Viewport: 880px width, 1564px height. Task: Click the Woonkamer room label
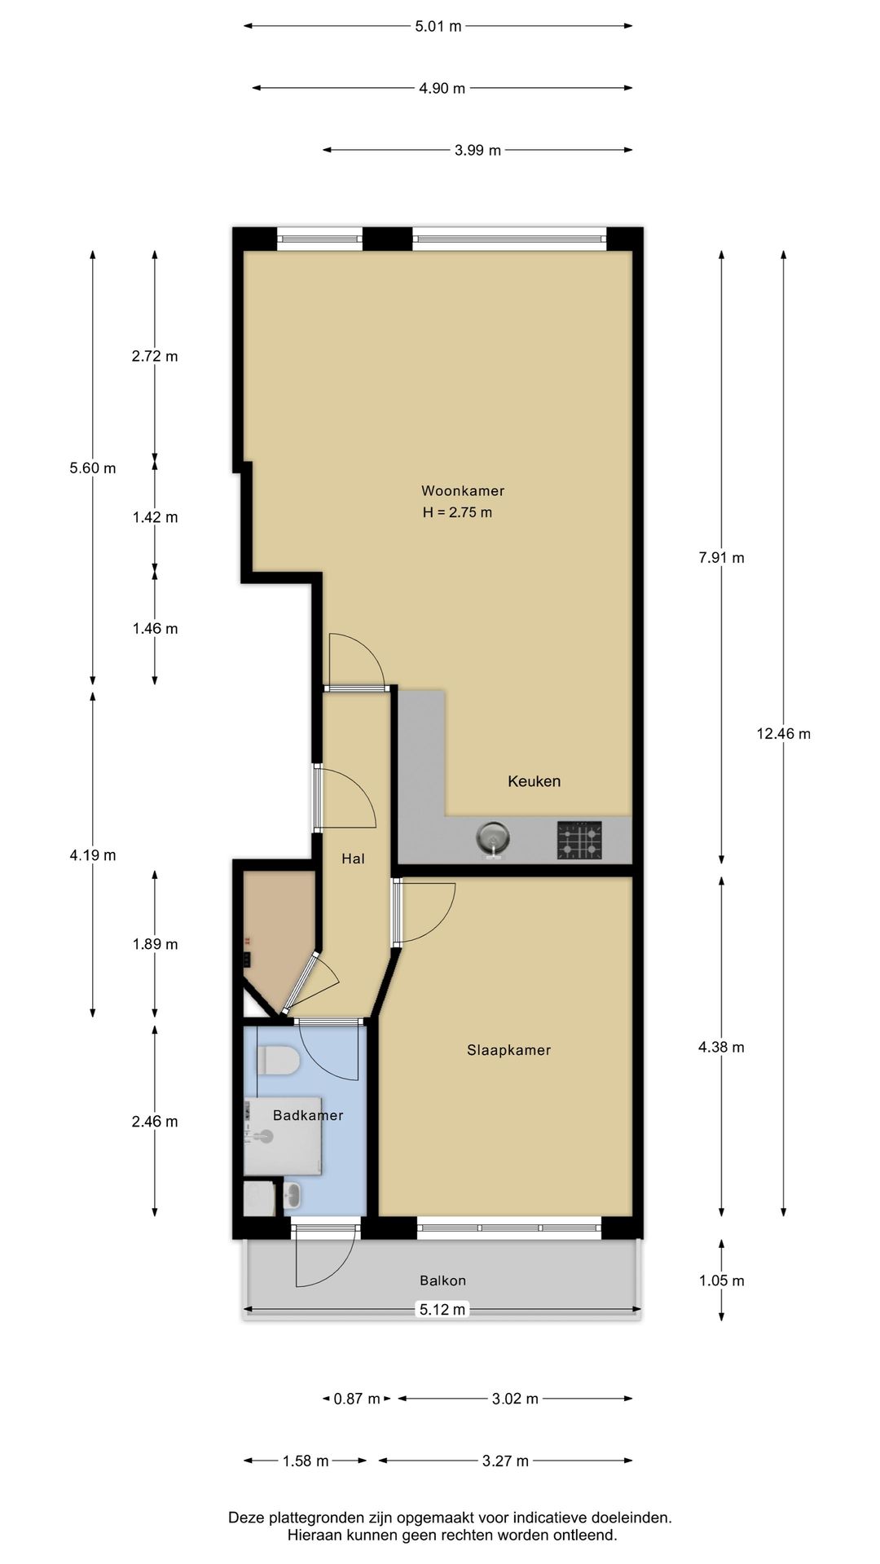(462, 490)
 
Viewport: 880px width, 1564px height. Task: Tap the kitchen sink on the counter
(493, 838)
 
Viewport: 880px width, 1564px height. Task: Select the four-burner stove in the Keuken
(580, 840)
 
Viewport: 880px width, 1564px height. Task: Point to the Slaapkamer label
(508, 1050)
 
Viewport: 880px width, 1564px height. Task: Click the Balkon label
(442, 1281)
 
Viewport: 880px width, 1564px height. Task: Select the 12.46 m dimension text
(783, 733)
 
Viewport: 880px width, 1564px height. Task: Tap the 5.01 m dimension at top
(438, 26)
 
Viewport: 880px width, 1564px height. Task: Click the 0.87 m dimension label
(357, 1399)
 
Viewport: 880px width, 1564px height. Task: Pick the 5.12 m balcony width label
(442, 1309)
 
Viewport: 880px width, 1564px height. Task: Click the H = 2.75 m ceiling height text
(457, 512)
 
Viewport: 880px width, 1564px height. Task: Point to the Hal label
(353, 859)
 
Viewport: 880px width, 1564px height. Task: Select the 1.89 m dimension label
(155, 944)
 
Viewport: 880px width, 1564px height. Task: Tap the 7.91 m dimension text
(721, 558)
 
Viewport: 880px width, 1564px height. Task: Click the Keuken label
(534, 781)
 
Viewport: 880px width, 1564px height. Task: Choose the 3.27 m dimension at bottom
(505, 1461)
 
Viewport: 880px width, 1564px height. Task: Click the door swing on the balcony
(322, 1259)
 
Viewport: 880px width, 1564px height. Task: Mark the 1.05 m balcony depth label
(721, 1281)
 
